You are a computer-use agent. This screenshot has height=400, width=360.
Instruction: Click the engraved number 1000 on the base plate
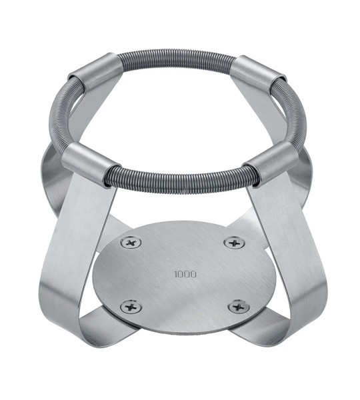(185, 274)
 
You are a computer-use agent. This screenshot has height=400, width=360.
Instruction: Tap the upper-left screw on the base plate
(131, 242)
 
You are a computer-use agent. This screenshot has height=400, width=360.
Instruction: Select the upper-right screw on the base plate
(234, 243)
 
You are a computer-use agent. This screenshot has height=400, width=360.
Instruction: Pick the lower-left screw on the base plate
(131, 307)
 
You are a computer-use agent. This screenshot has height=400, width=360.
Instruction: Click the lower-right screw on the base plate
(239, 307)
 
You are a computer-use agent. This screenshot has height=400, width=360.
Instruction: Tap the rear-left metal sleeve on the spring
(96, 71)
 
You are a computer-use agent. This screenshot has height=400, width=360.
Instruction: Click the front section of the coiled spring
(181, 181)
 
